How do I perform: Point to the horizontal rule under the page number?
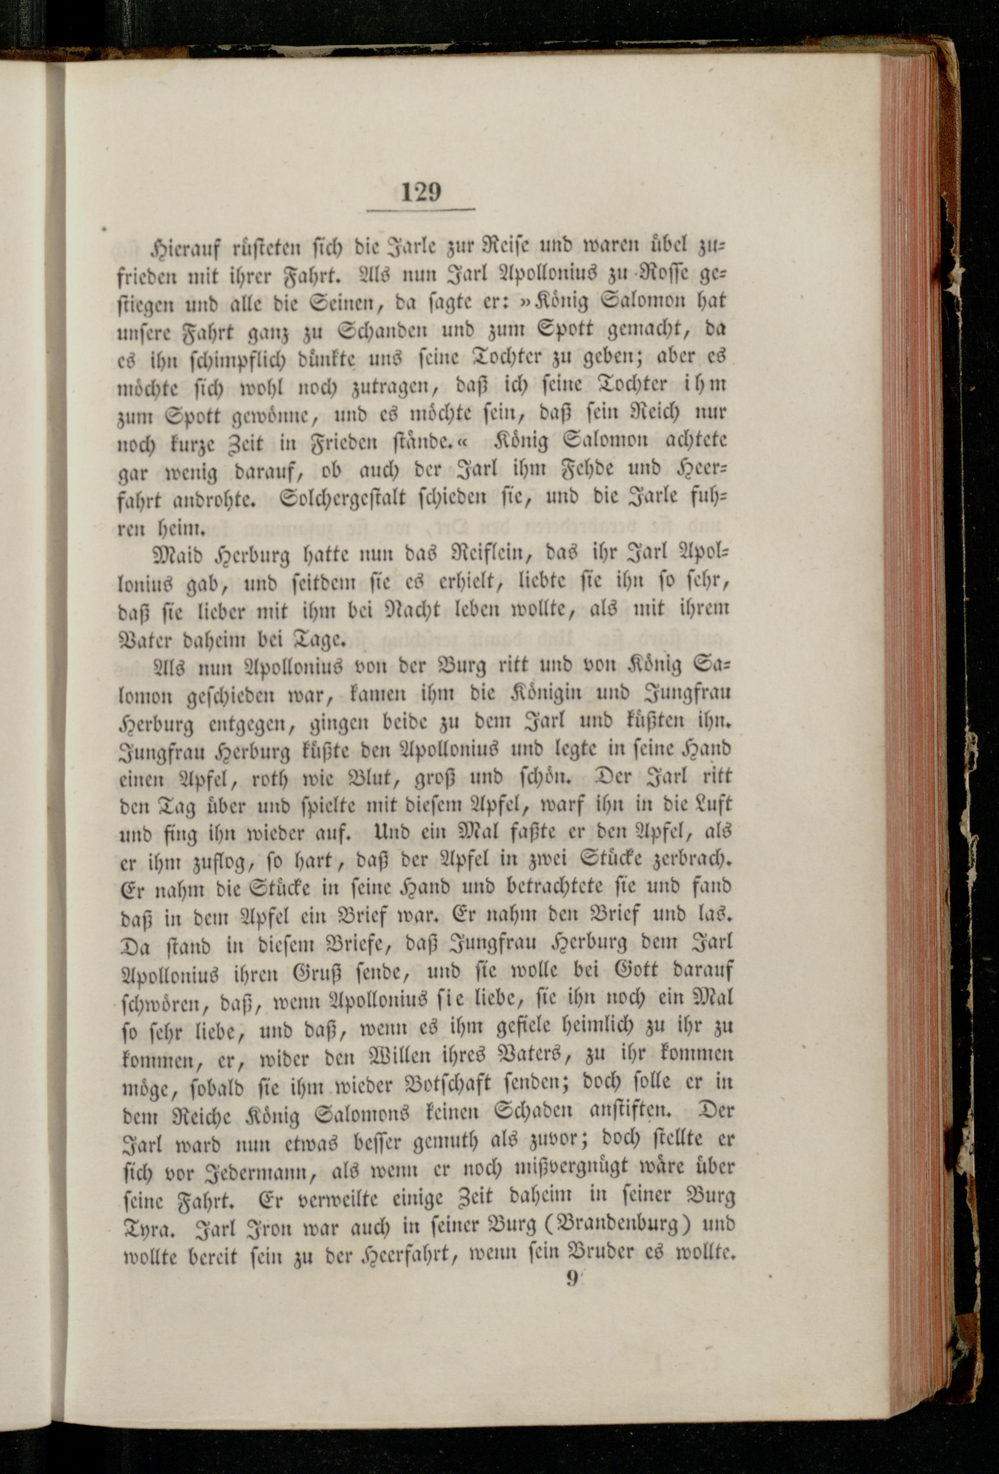421,209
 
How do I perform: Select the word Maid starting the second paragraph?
168,554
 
